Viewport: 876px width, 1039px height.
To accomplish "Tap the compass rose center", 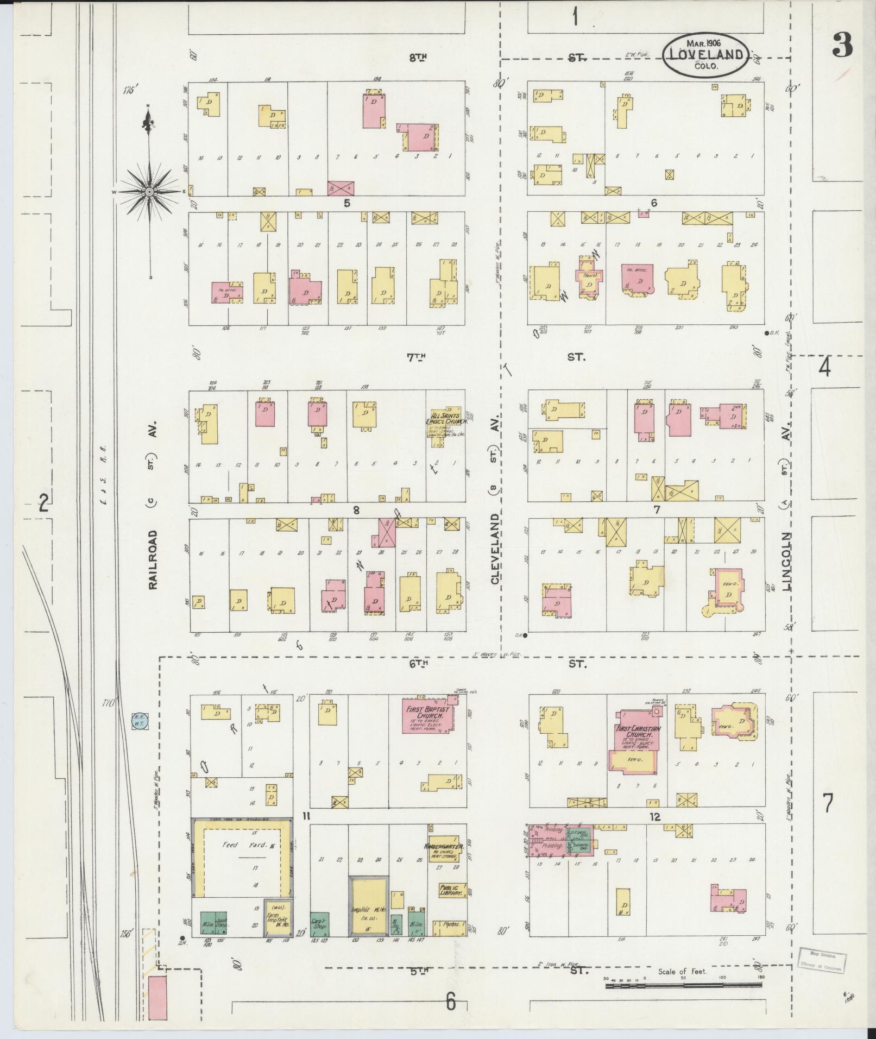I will click(x=149, y=192).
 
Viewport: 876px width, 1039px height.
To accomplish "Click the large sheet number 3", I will click(x=842, y=45).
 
